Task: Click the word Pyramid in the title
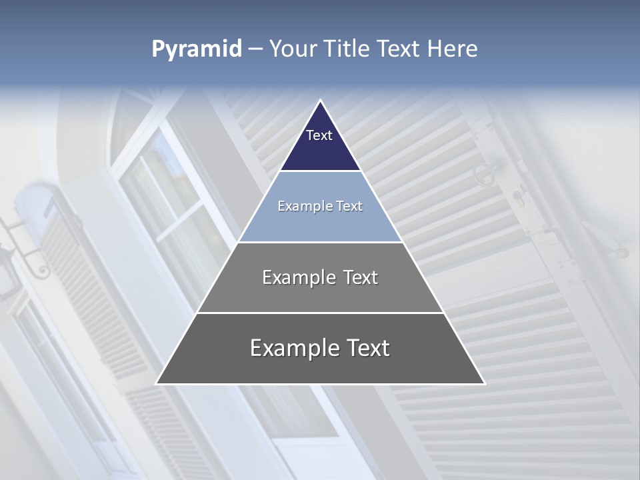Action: [196, 49]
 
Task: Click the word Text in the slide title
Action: [399, 49]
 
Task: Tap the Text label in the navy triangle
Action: [319, 135]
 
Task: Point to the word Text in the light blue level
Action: [349, 206]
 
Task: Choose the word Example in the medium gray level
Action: [296, 277]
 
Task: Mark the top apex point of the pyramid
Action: [320, 101]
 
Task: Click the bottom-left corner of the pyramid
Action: [157, 383]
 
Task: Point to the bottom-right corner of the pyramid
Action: [484, 383]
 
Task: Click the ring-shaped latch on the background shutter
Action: [484, 174]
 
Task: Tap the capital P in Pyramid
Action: [158, 49]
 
